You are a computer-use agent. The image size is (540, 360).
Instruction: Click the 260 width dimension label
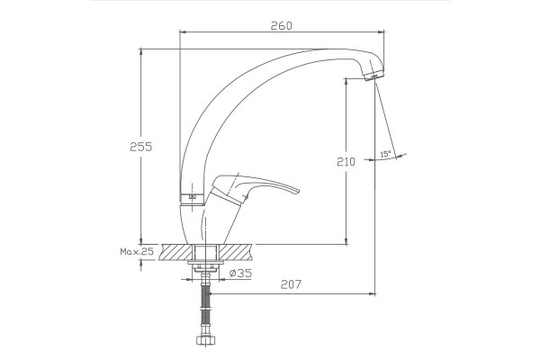(281, 26)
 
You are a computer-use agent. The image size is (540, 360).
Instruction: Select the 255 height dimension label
(141, 147)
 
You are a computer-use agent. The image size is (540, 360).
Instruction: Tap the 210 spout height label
(346, 162)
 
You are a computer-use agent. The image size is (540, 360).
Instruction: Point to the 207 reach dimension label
(291, 284)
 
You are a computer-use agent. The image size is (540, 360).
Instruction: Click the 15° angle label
(385, 154)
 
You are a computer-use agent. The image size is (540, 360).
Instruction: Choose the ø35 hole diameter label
(240, 274)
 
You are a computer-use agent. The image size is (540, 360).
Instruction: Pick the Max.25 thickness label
(137, 251)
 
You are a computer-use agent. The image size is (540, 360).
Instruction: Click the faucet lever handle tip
(298, 191)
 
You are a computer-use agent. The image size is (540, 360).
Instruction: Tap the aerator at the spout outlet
(374, 76)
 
